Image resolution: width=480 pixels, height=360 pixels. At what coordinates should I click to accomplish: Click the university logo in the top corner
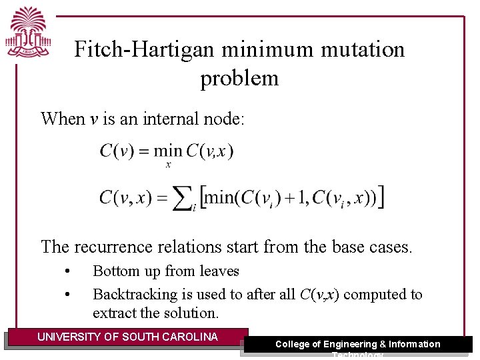29,33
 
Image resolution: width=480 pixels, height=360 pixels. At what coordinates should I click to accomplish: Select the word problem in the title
239,78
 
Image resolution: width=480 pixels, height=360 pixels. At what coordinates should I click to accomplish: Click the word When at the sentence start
63,119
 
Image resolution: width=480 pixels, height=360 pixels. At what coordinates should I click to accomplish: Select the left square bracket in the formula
203,198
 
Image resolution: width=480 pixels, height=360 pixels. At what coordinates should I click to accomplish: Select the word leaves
219,271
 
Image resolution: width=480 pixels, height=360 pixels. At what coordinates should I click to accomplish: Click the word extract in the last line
115,312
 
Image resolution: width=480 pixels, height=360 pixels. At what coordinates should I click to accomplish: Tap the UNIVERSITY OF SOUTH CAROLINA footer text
127,337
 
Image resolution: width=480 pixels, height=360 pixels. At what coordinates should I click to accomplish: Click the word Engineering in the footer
349,344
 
